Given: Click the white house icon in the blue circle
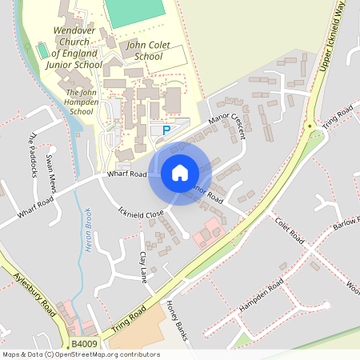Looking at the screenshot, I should click(x=180, y=172).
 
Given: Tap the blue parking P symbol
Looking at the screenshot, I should click(x=166, y=130).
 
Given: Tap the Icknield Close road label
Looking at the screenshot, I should click(x=141, y=214).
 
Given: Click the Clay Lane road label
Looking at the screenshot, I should click(x=144, y=266).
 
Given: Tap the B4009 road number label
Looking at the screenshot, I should click(x=83, y=344).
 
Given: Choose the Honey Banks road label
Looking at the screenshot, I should click(x=175, y=320).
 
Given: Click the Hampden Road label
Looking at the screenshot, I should click(x=261, y=298).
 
